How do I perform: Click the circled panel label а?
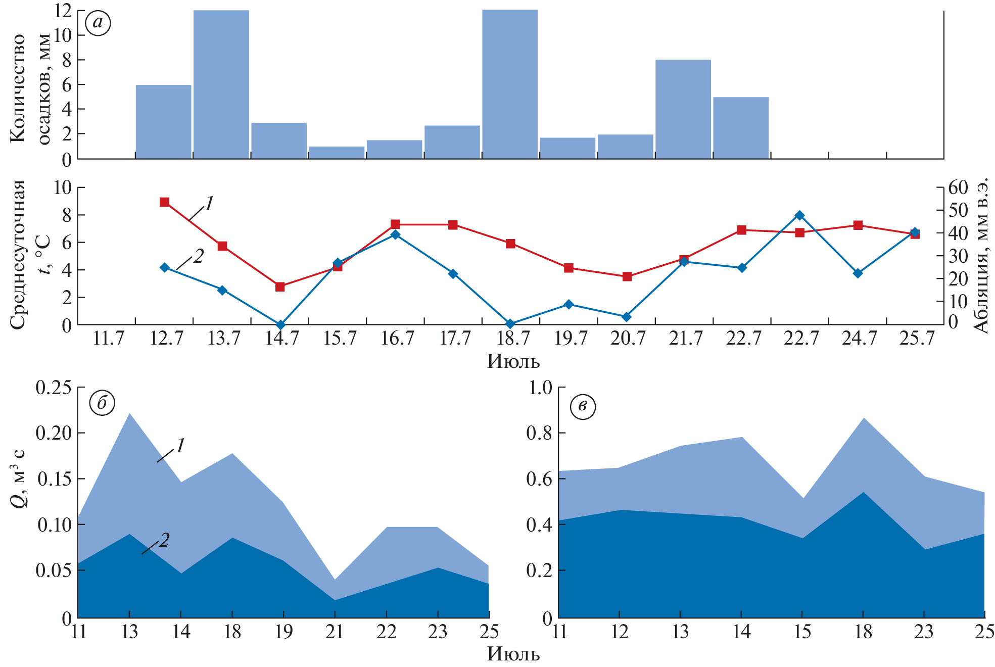(98, 23)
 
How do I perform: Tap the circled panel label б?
(102, 403)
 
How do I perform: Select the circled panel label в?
(583, 406)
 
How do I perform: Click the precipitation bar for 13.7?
(221, 84)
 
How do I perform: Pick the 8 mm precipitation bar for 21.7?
(683, 109)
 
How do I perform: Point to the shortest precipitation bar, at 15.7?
(337, 153)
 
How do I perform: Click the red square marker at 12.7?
(164, 202)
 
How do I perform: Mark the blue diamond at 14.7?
(280, 324)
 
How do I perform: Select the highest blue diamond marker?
(799, 215)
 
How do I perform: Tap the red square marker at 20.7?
(627, 276)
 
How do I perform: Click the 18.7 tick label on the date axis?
(513, 338)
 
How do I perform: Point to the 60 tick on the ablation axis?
(958, 187)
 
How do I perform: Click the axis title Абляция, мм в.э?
(981, 255)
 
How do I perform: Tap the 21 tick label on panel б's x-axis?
(335, 632)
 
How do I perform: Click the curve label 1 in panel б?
(180, 445)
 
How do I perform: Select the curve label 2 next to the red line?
(198, 256)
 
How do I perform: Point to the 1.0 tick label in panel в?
(540, 388)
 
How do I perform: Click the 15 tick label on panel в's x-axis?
(802, 632)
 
